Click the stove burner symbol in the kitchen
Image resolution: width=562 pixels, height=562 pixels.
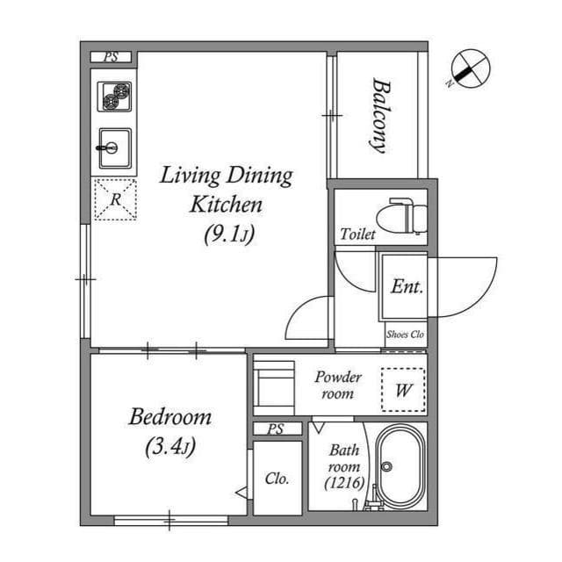click(x=114, y=97)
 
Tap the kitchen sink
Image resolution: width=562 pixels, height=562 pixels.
click(x=115, y=148)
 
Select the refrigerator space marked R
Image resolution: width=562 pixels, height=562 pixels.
click(x=115, y=199)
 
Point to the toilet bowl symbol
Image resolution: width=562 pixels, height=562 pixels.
click(x=402, y=217)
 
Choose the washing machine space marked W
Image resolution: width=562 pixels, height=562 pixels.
click(x=403, y=390)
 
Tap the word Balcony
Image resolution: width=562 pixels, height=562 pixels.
click(x=380, y=115)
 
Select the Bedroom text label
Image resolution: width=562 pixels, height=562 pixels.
click(x=170, y=417)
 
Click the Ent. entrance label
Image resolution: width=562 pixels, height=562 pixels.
click(x=407, y=286)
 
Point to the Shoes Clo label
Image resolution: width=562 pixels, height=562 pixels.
click(x=405, y=335)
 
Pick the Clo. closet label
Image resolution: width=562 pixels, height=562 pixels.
click(x=277, y=478)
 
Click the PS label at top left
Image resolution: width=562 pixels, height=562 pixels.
click(x=112, y=57)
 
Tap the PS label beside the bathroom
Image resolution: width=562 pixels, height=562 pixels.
click(x=275, y=429)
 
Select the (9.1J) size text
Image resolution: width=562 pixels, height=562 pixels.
click(x=229, y=234)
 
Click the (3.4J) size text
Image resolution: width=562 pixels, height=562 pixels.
click(x=170, y=447)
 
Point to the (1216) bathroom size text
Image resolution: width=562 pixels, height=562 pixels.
click(x=344, y=483)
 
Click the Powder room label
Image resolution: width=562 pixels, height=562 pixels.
click(x=338, y=385)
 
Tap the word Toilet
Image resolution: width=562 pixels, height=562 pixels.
click(x=357, y=234)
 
